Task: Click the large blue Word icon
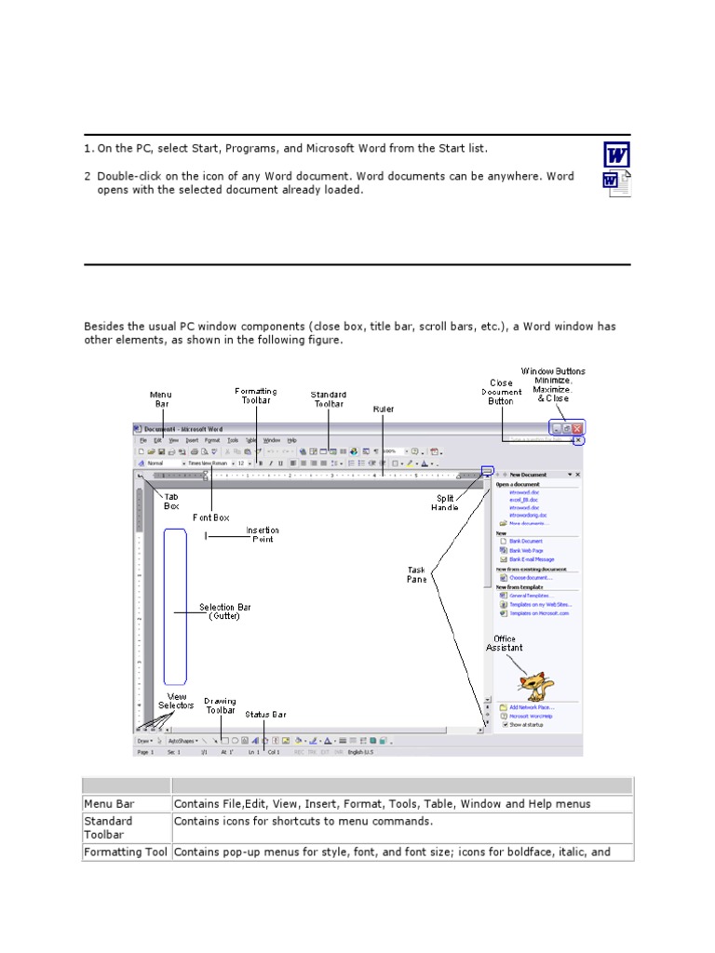[616, 154]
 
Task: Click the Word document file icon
[616, 183]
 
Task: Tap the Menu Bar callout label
[160, 400]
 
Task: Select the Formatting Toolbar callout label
[256, 396]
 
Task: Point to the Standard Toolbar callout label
[329, 399]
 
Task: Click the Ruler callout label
[383, 409]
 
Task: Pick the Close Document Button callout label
[501, 392]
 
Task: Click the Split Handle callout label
[445, 503]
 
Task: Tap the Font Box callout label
[210, 517]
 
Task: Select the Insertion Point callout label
[262, 535]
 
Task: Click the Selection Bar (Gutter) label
[224, 611]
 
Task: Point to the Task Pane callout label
[416, 574]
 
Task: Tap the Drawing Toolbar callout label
[221, 705]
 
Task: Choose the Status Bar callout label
[265, 715]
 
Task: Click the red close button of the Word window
[577, 428]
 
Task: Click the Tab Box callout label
[171, 502]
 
